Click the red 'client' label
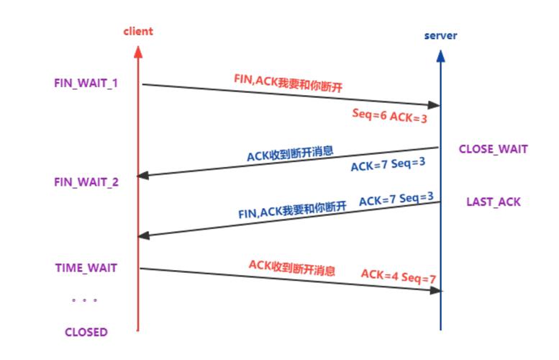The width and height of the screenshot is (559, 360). (138, 31)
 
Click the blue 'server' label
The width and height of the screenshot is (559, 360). (440, 35)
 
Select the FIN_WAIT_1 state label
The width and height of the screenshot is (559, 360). (86, 83)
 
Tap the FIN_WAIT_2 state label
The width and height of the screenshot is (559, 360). (86, 181)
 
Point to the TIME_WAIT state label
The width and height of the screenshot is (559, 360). (86, 268)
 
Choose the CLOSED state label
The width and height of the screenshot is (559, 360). (86, 332)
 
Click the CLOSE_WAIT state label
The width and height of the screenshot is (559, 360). (494, 149)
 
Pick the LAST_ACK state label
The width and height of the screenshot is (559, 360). (493, 202)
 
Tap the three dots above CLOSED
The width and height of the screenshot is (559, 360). (85, 300)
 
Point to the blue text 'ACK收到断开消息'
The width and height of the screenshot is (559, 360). (290, 156)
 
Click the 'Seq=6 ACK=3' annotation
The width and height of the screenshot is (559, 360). (388, 114)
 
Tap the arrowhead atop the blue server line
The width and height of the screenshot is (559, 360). (440, 54)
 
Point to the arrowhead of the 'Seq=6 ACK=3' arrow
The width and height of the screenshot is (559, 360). (435, 105)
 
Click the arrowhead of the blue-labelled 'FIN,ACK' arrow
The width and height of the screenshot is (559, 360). (142, 235)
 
